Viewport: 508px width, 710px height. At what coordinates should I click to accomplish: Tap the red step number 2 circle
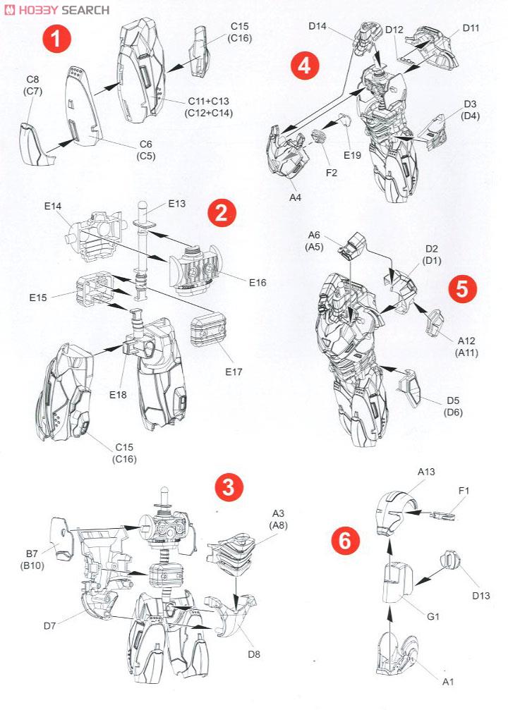pos(222,214)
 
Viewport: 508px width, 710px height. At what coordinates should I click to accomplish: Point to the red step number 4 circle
pos(305,66)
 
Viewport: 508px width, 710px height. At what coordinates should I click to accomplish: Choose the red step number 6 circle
pos(345,541)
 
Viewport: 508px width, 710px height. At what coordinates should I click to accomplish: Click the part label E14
pos(53,206)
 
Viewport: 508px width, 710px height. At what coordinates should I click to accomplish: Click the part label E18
pos(119,395)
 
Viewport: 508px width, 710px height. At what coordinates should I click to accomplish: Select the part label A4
pos(295,197)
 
